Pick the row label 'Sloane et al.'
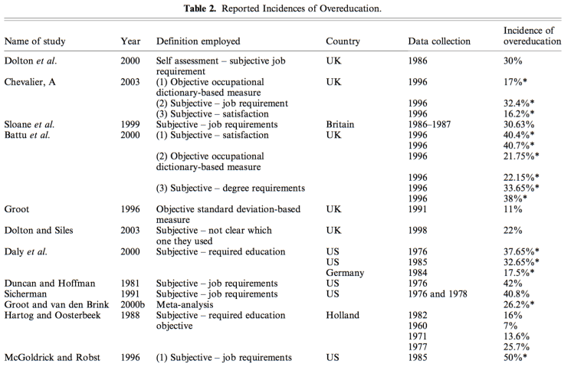point(30,124)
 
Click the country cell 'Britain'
point(342,124)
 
